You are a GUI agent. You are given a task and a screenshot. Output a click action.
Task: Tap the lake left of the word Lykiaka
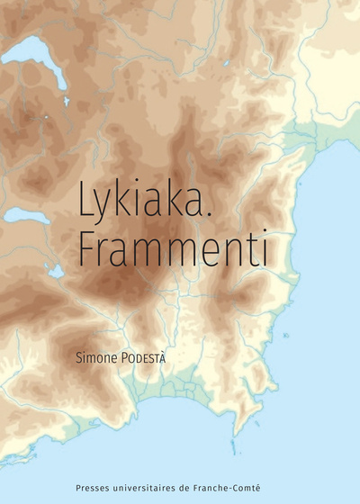(27, 215)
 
